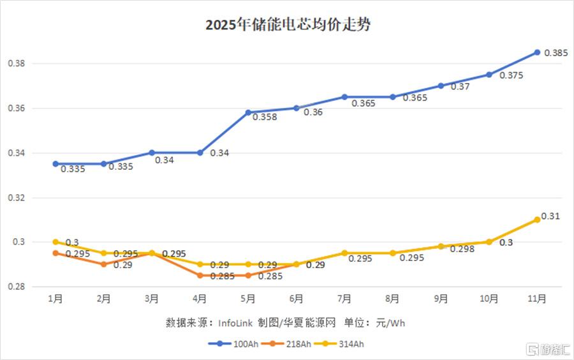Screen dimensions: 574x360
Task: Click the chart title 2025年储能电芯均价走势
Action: pyautogui.click(x=288, y=24)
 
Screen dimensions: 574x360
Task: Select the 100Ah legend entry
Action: pyautogui.click(x=233, y=344)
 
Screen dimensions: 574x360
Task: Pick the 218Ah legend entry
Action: pyautogui.click(x=286, y=344)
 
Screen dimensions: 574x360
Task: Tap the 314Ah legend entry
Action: pyautogui.click(x=339, y=344)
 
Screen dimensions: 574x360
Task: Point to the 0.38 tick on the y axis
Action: pyautogui.click(x=17, y=63)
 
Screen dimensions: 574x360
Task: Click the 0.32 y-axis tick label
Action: pyautogui.click(x=17, y=198)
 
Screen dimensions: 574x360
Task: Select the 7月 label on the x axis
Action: pyautogui.click(x=344, y=299)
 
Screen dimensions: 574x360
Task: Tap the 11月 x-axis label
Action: pyautogui.click(x=536, y=299)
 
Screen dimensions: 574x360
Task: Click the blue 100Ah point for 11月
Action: pyautogui.click(x=537, y=52)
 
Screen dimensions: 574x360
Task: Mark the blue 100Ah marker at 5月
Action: pyautogui.click(x=248, y=112)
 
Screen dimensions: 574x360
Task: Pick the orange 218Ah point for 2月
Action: pyautogui.click(x=103, y=264)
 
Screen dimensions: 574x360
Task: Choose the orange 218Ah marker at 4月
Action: pyautogui.click(x=200, y=275)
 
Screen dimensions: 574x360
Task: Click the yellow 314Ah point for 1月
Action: pyautogui.click(x=55, y=242)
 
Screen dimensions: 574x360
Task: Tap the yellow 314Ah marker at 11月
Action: pyautogui.click(x=537, y=220)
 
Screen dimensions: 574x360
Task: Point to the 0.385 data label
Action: pyautogui.click(x=556, y=53)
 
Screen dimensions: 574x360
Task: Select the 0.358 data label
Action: pyautogui.click(x=265, y=117)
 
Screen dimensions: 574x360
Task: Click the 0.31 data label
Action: pyautogui.click(x=550, y=216)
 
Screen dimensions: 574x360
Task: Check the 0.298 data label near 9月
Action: pyautogui.click(x=462, y=249)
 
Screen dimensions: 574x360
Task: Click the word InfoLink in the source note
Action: pyautogui.click(x=235, y=323)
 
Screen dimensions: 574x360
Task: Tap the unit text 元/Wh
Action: pyautogui.click(x=390, y=323)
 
